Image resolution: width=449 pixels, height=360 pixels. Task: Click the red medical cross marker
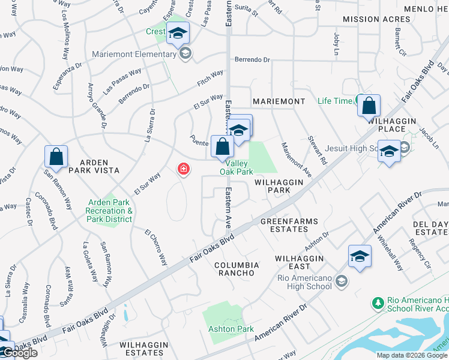[x=183, y=170]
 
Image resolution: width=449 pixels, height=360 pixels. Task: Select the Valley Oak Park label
[x=237, y=167]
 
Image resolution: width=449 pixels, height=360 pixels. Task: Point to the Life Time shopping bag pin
[x=369, y=106]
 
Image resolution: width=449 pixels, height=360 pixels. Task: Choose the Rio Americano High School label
[x=304, y=282]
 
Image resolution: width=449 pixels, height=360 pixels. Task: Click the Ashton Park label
[x=231, y=329]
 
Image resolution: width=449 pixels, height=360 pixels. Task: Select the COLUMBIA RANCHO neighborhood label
[x=237, y=269]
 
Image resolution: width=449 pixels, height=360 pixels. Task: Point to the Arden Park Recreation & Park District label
[x=109, y=211]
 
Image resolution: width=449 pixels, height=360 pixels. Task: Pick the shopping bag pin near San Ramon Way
[x=56, y=157]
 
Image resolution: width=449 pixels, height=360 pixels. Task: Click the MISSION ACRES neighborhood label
[x=368, y=20]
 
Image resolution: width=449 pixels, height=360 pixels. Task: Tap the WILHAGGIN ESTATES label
[x=142, y=349]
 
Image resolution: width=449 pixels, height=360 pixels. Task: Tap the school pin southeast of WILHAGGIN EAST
[x=360, y=257]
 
